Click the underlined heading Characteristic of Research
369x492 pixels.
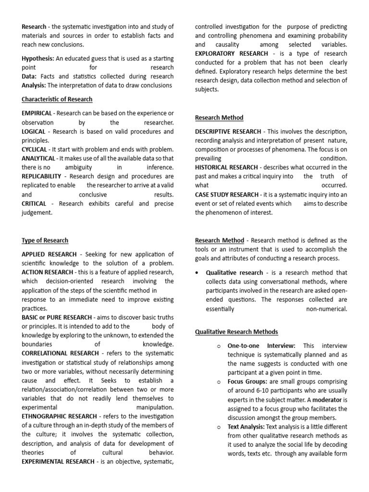pos(57,99)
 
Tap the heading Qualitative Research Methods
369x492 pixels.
pos(236,332)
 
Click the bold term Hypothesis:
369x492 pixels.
pos(38,59)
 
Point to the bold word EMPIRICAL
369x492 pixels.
pos(37,113)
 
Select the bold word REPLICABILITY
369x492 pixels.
pos(41,176)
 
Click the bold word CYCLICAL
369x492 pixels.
pos(34,149)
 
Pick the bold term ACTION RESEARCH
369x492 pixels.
pos(46,272)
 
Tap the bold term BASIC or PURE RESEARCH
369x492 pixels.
pos(57,318)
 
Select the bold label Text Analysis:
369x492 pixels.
pos(246,427)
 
